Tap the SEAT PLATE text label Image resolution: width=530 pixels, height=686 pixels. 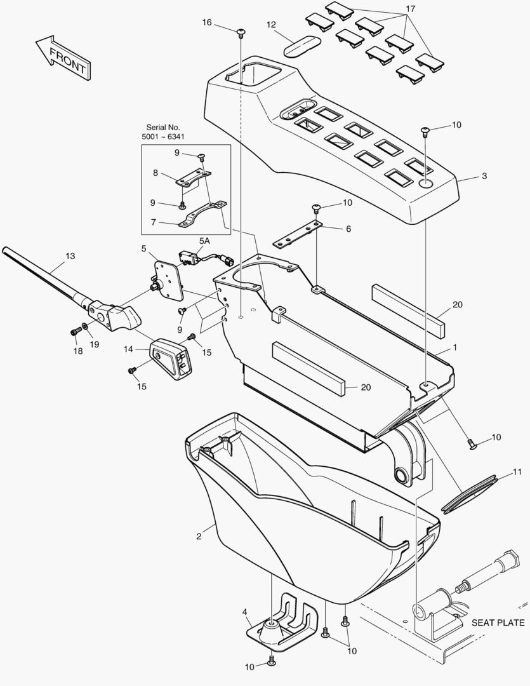(x=498, y=622)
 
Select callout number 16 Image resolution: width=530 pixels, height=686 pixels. (x=207, y=23)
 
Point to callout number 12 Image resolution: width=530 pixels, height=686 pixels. (x=271, y=25)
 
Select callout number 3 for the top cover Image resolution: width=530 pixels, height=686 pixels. (x=484, y=175)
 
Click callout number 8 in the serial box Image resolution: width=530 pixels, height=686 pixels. (x=156, y=172)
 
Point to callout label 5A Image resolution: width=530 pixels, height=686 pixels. (x=205, y=241)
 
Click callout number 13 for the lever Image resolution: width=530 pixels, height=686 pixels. (x=70, y=256)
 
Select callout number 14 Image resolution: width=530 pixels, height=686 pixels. (x=128, y=349)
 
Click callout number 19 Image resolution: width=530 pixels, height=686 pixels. (x=94, y=344)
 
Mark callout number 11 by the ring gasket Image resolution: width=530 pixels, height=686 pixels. (x=517, y=472)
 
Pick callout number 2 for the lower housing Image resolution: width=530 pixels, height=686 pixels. (x=199, y=537)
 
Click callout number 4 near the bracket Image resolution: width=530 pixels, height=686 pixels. (x=244, y=612)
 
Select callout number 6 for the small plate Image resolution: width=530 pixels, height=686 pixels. (x=348, y=229)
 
